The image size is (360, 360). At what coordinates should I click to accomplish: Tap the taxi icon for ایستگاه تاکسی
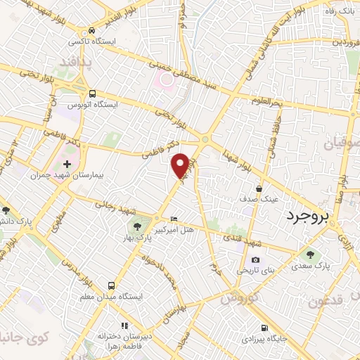(x=91, y=31)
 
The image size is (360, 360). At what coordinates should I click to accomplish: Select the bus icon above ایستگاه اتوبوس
(x=92, y=94)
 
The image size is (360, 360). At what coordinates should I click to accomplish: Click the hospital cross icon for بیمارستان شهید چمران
(x=67, y=144)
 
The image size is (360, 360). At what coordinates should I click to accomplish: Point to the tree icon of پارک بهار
(x=137, y=226)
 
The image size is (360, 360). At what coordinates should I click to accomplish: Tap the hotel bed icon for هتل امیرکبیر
(x=174, y=220)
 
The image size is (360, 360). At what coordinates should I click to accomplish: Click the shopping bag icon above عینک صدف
(x=259, y=188)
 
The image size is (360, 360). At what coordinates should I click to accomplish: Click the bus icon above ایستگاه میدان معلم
(x=112, y=285)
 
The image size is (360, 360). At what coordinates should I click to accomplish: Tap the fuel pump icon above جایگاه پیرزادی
(x=264, y=328)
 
